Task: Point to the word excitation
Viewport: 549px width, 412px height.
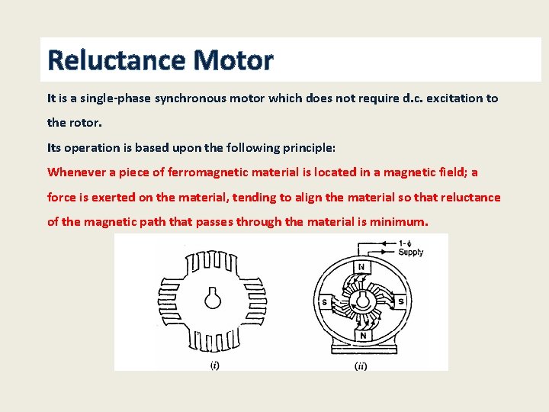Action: (x=449, y=98)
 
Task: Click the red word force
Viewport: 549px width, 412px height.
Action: (x=62, y=197)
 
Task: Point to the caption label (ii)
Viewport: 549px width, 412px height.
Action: (x=361, y=365)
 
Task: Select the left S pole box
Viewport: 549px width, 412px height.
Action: (x=324, y=301)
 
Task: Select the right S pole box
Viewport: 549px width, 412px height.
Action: (x=400, y=301)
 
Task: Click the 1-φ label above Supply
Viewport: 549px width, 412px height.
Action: (x=407, y=243)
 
